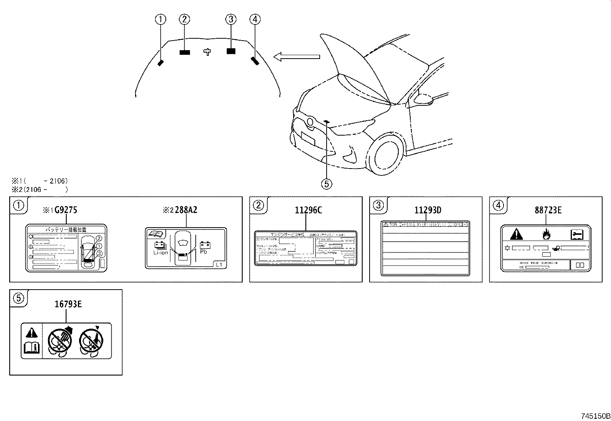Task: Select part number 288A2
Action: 186,210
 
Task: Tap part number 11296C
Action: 306,210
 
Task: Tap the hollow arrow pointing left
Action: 296,57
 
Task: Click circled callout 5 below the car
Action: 326,184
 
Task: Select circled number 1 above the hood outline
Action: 160,19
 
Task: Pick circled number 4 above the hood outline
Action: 255,19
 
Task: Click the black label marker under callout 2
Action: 185,52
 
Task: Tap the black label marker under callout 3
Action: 231,51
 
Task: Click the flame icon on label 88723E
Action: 546,234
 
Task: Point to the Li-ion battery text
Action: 160,252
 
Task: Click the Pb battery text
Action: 203,252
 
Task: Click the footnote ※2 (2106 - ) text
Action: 39,189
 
